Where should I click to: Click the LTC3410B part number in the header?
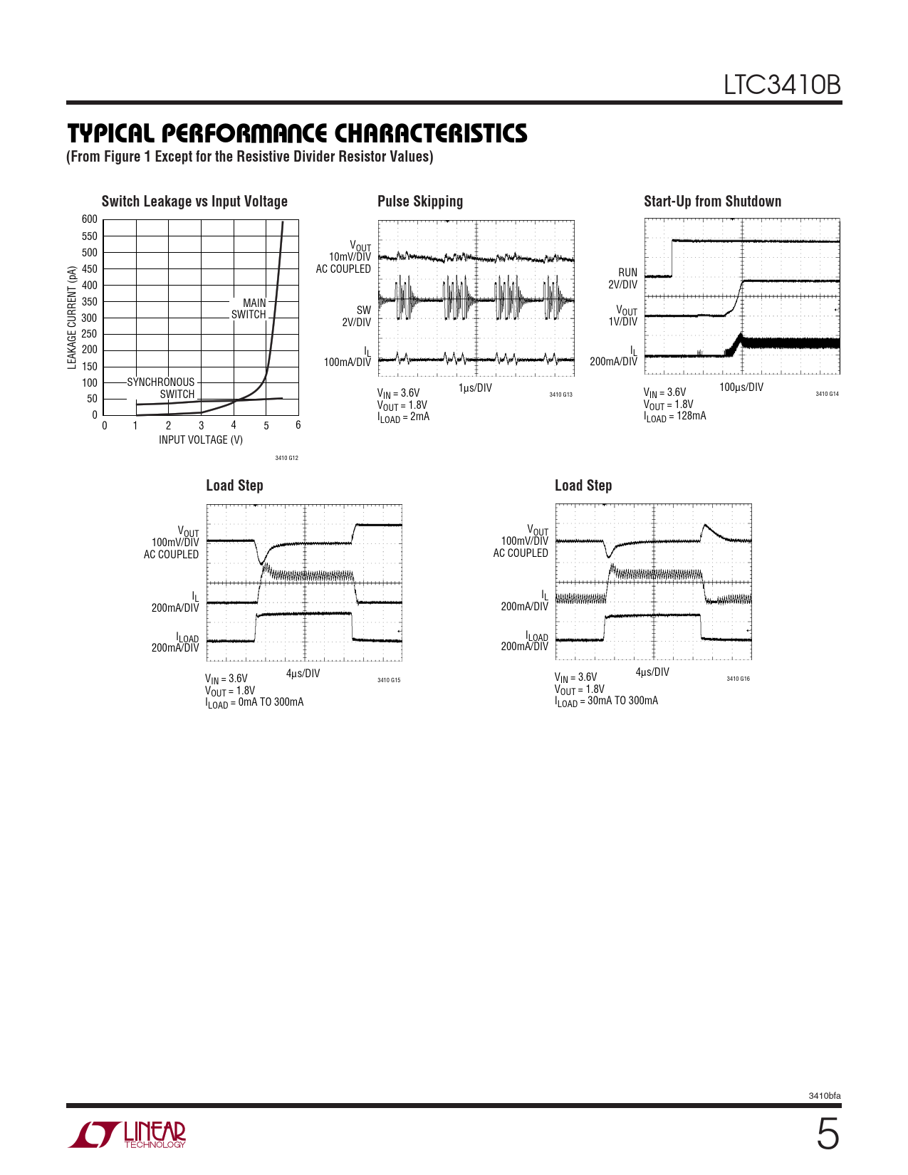782,85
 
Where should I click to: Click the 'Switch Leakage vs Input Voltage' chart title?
194,202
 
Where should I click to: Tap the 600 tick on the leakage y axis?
90,219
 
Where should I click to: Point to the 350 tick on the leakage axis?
90,301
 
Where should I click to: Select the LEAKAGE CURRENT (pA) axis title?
72,318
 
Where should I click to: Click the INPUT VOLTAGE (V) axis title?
201,440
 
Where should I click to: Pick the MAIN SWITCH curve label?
249,308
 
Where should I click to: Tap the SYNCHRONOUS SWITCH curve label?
161,388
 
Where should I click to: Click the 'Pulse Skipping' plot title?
420,202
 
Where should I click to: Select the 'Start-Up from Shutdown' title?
712,202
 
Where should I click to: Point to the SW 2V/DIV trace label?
357,316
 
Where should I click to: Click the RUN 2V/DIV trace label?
623,278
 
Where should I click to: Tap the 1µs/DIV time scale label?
475,388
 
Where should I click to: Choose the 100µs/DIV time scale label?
741,387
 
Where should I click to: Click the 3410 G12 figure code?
286,458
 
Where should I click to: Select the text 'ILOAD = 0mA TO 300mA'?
254,703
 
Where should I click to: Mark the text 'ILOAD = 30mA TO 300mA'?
606,701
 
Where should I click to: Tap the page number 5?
827,1134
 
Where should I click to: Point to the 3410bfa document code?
824,1096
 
